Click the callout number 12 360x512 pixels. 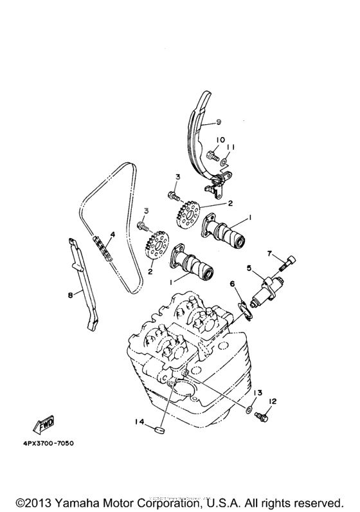click(x=272, y=401)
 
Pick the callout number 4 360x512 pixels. click(x=111, y=235)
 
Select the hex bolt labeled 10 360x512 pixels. click(x=213, y=154)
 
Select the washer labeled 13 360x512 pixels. click(x=249, y=408)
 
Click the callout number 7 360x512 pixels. click(x=271, y=253)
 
